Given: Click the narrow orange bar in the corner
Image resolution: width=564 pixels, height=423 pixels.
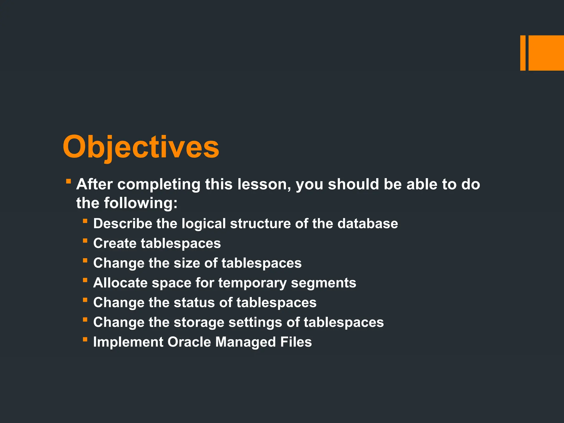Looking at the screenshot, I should [x=523, y=53].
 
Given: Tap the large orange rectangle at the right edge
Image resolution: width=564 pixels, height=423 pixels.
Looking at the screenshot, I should [x=546, y=53].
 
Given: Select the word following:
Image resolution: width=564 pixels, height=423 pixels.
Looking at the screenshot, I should [x=140, y=203].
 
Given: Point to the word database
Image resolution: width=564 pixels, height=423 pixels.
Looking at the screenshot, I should [x=368, y=223].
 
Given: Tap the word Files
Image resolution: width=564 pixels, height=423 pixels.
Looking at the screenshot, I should [x=296, y=342].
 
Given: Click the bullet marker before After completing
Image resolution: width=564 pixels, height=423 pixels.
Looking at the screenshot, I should [x=69, y=181].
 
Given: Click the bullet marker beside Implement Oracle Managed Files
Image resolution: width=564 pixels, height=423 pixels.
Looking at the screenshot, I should [x=85, y=340].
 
